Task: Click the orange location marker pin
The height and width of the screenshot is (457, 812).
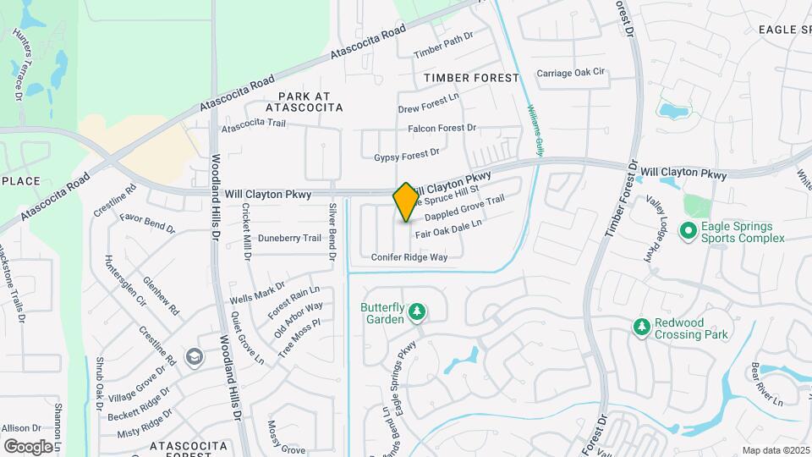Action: pos(406,202)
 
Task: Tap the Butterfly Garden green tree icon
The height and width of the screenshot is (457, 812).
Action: pos(416,313)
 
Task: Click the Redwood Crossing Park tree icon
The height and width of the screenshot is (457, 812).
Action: pos(642,327)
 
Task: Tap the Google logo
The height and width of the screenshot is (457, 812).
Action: pos(28,446)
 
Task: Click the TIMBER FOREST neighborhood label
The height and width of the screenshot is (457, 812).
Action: pos(471,78)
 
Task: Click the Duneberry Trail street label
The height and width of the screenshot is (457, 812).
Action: pos(289,238)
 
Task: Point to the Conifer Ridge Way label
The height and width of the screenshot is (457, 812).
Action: pos(409,256)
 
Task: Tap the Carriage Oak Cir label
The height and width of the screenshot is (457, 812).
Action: pos(572,73)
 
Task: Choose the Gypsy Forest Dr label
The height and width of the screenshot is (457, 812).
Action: pos(407,156)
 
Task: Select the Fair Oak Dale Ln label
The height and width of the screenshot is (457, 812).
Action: pos(448,228)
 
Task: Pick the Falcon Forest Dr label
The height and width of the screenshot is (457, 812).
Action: pos(442,128)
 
